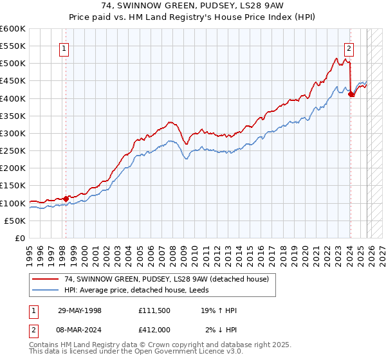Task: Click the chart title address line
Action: click(x=192, y=5)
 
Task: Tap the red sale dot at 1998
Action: click(x=66, y=199)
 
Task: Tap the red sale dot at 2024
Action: click(x=351, y=94)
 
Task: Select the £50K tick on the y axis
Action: click(x=14, y=221)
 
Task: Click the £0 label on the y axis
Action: click(x=19, y=238)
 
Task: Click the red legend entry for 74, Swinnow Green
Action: click(x=161, y=278)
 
